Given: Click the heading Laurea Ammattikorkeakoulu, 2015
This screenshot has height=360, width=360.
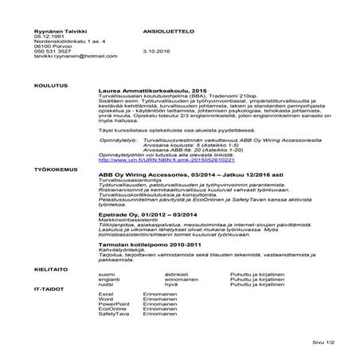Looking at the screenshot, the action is click(151, 91).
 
